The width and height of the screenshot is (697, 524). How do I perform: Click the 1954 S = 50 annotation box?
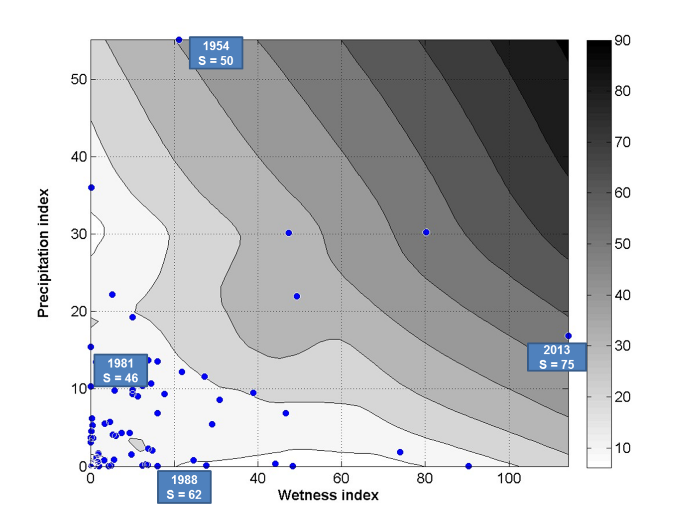[x=216, y=53]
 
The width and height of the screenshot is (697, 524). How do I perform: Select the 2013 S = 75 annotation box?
[x=557, y=357]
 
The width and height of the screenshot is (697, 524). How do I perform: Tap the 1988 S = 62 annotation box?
[x=184, y=487]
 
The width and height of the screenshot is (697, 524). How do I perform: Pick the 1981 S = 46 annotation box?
[x=120, y=370]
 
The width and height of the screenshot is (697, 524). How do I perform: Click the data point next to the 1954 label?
[x=179, y=40]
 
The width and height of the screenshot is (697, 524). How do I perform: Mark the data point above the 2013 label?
[x=568, y=336]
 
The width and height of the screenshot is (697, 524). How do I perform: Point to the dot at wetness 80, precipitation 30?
[x=426, y=232]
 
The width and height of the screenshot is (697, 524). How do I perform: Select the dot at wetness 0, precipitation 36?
[x=91, y=187]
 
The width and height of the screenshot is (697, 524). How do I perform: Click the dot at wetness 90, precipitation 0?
[x=468, y=466]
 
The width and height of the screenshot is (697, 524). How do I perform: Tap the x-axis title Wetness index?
[x=328, y=495]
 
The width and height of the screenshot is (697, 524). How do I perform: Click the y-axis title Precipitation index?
[x=44, y=253]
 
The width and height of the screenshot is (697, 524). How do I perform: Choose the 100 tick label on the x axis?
[x=509, y=479]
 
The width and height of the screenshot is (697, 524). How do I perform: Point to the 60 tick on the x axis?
[x=341, y=479]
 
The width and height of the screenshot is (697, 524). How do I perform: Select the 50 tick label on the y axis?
[x=79, y=79]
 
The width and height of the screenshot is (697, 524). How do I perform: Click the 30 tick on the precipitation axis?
[x=79, y=234]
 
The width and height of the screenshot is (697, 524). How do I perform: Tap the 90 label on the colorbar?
[x=622, y=40]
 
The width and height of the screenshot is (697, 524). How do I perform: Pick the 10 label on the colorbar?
[x=622, y=448]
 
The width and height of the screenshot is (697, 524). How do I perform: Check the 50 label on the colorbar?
[x=622, y=244]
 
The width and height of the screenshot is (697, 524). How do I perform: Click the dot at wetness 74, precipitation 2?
[x=400, y=452]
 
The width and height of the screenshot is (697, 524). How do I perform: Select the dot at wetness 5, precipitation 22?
[x=113, y=295]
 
